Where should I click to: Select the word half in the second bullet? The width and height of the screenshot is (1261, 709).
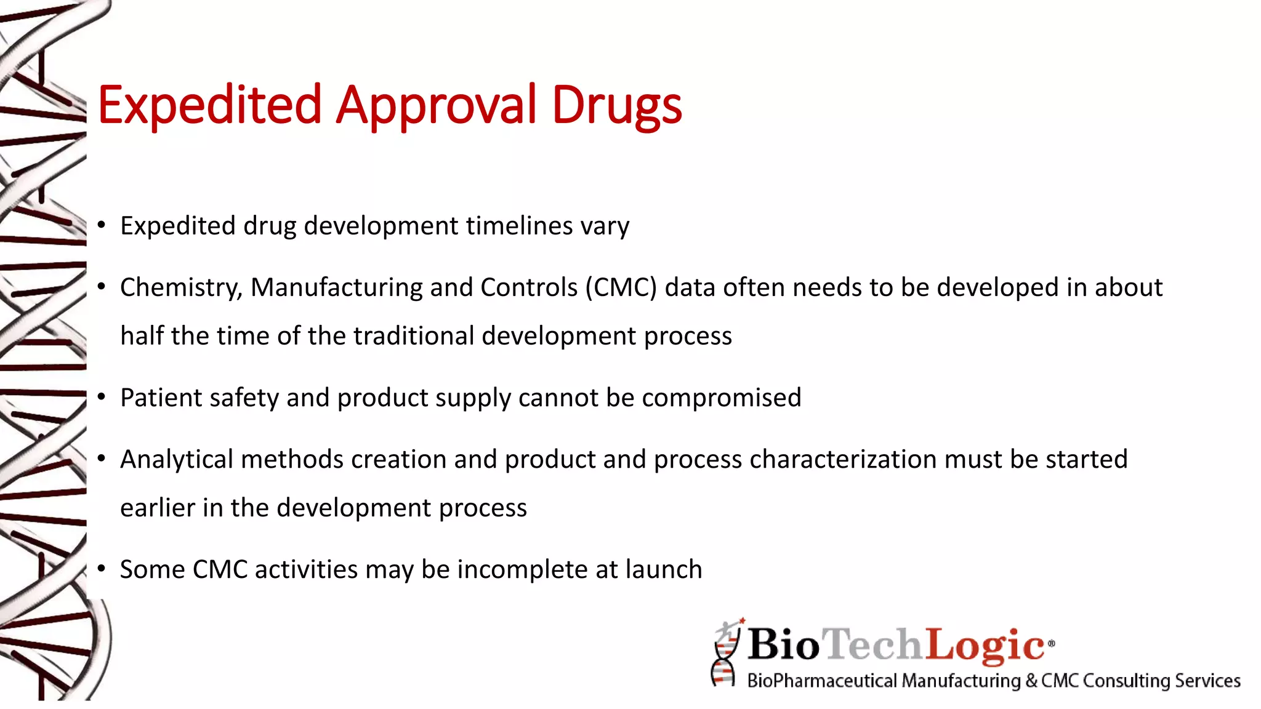(142, 336)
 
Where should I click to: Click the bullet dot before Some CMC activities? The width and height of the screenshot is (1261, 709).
(101, 569)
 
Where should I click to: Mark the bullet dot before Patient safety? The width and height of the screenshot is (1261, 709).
(101, 397)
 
